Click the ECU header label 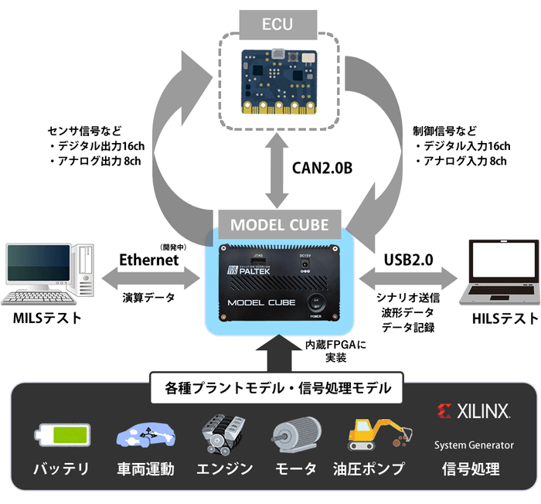(276, 23)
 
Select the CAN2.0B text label (322, 167)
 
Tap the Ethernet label (148, 261)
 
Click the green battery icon (60, 435)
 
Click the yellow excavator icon (374, 435)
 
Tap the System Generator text (473, 444)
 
